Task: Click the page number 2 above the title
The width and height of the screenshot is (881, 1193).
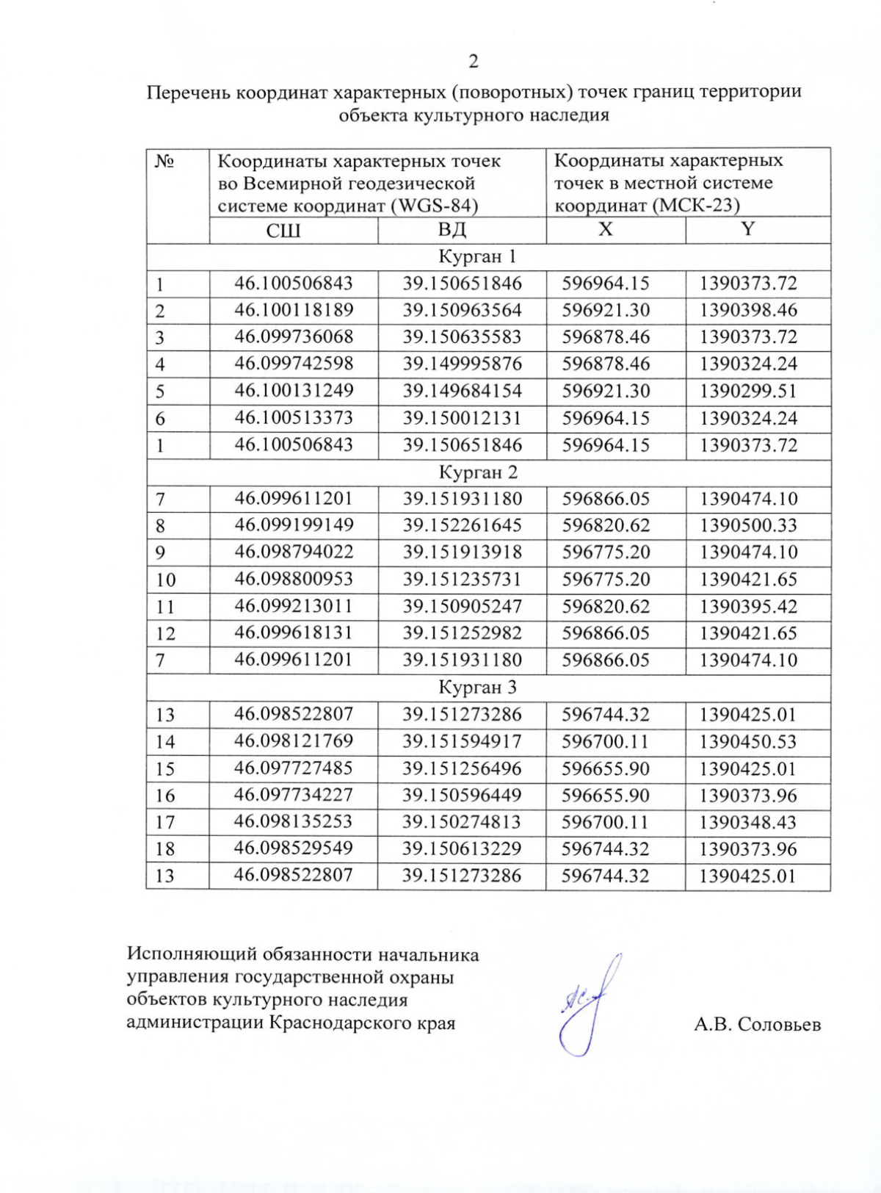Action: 474,62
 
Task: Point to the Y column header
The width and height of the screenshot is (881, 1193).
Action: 748,229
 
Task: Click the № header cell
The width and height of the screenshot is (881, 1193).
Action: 166,162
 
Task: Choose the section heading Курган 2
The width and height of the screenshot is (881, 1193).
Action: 478,472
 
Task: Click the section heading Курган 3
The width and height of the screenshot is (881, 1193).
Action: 478,688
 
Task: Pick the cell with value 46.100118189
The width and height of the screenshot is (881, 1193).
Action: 294,310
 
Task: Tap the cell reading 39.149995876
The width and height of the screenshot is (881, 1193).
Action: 462,364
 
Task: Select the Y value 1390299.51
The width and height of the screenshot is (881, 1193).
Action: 748,391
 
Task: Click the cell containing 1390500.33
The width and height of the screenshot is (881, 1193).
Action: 748,525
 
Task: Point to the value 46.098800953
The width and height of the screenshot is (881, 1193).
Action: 294,579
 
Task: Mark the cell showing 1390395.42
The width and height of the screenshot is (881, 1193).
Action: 748,606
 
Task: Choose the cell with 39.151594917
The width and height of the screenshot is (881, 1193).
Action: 462,741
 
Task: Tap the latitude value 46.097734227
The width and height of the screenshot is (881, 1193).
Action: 294,795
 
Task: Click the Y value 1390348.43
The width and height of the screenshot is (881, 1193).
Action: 748,822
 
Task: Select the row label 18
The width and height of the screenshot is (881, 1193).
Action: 165,849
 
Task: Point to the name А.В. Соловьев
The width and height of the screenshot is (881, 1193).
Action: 757,1024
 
